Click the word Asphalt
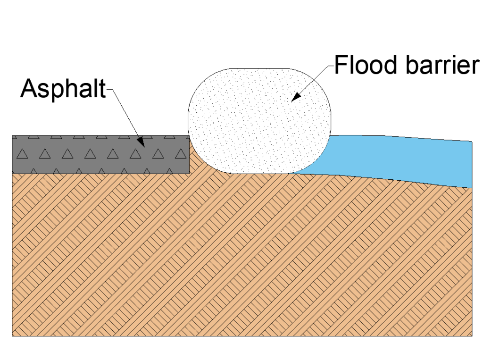click(x=63, y=88)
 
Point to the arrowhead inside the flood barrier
click(x=296, y=96)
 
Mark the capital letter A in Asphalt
click(x=29, y=88)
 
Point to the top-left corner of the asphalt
click(x=12, y=136)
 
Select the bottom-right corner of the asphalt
click(x=189, y=174)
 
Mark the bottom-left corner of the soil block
click(x=12, y=336)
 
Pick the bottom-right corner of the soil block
click(x=472, y=336)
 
